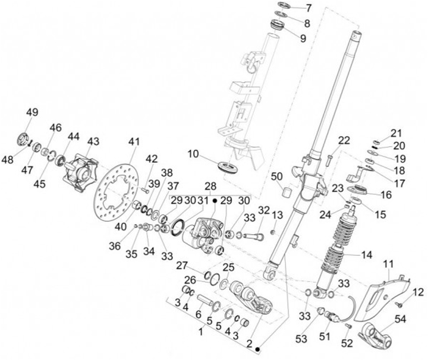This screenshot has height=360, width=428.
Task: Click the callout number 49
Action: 32,112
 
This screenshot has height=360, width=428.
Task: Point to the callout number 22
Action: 344,140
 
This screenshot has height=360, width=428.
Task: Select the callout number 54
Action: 399,320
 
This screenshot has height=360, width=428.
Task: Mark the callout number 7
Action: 309,8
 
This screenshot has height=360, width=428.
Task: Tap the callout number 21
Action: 396,132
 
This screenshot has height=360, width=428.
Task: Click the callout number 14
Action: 365,254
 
